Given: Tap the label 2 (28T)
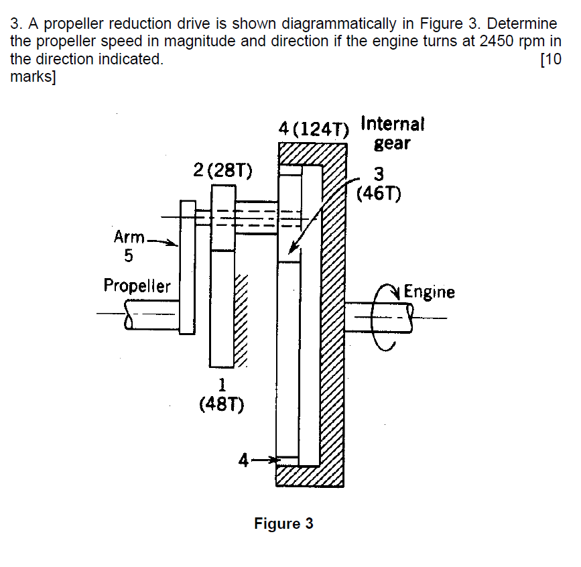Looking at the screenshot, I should pyautogui.click(x=222, y=170).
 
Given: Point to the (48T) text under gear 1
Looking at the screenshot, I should pyautogui.click(x=222, y=404).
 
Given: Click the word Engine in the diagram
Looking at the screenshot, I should pyautogui.click(x=429, y=292).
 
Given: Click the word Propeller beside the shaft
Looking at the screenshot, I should pyautogui.click(x=137, y=286).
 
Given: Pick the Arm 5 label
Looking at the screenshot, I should pyautogui.click(x=127, y=245).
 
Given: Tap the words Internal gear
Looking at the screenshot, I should pyautogui.click(x=392, y=133).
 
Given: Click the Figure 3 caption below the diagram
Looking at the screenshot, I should pyautogui.click(x=283, y=523).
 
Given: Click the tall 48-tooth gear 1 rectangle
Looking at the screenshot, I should pyautogui.click(x=222, y=308).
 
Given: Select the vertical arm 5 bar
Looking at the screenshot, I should pyautogui.click(x=187, y=266).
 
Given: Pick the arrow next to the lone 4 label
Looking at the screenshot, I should pyautogui.click(x=265, y=460).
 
